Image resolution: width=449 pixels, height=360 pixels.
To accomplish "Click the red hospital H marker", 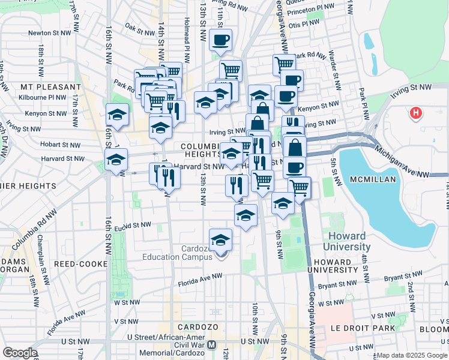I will pos(415,112).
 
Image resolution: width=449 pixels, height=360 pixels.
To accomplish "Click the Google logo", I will pos(19,353).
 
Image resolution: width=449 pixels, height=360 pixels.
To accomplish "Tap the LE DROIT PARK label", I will pos(363,328).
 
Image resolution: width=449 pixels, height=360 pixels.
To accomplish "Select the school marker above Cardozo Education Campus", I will pos(221,240).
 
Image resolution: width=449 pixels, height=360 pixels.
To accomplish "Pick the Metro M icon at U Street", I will pos(211,345).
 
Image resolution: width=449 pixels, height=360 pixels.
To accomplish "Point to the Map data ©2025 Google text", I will pos(411,355).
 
